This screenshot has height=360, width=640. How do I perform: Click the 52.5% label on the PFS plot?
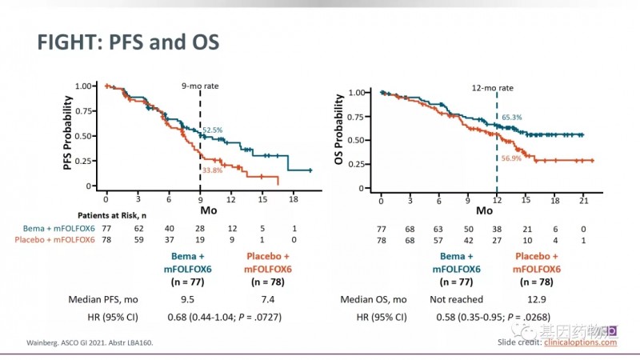213,130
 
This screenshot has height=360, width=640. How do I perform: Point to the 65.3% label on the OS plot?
511,118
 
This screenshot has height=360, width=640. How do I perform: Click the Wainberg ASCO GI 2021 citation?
84,343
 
